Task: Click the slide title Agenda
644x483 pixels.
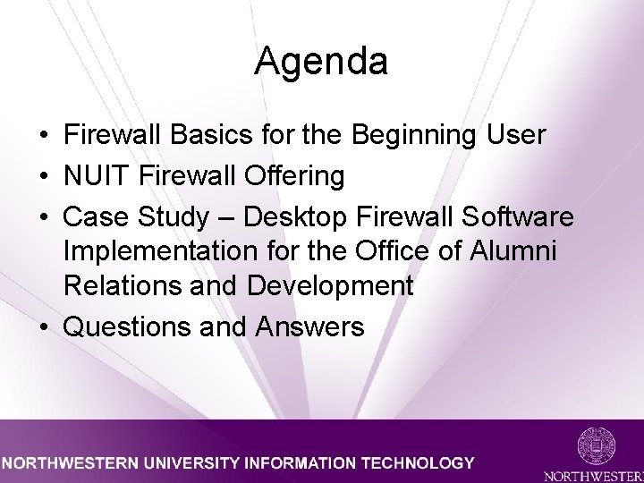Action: click(321, 62)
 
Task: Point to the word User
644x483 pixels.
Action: click(515, 136)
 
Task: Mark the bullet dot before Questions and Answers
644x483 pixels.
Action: click(44, 327)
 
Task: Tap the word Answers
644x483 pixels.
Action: click(309, 327)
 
